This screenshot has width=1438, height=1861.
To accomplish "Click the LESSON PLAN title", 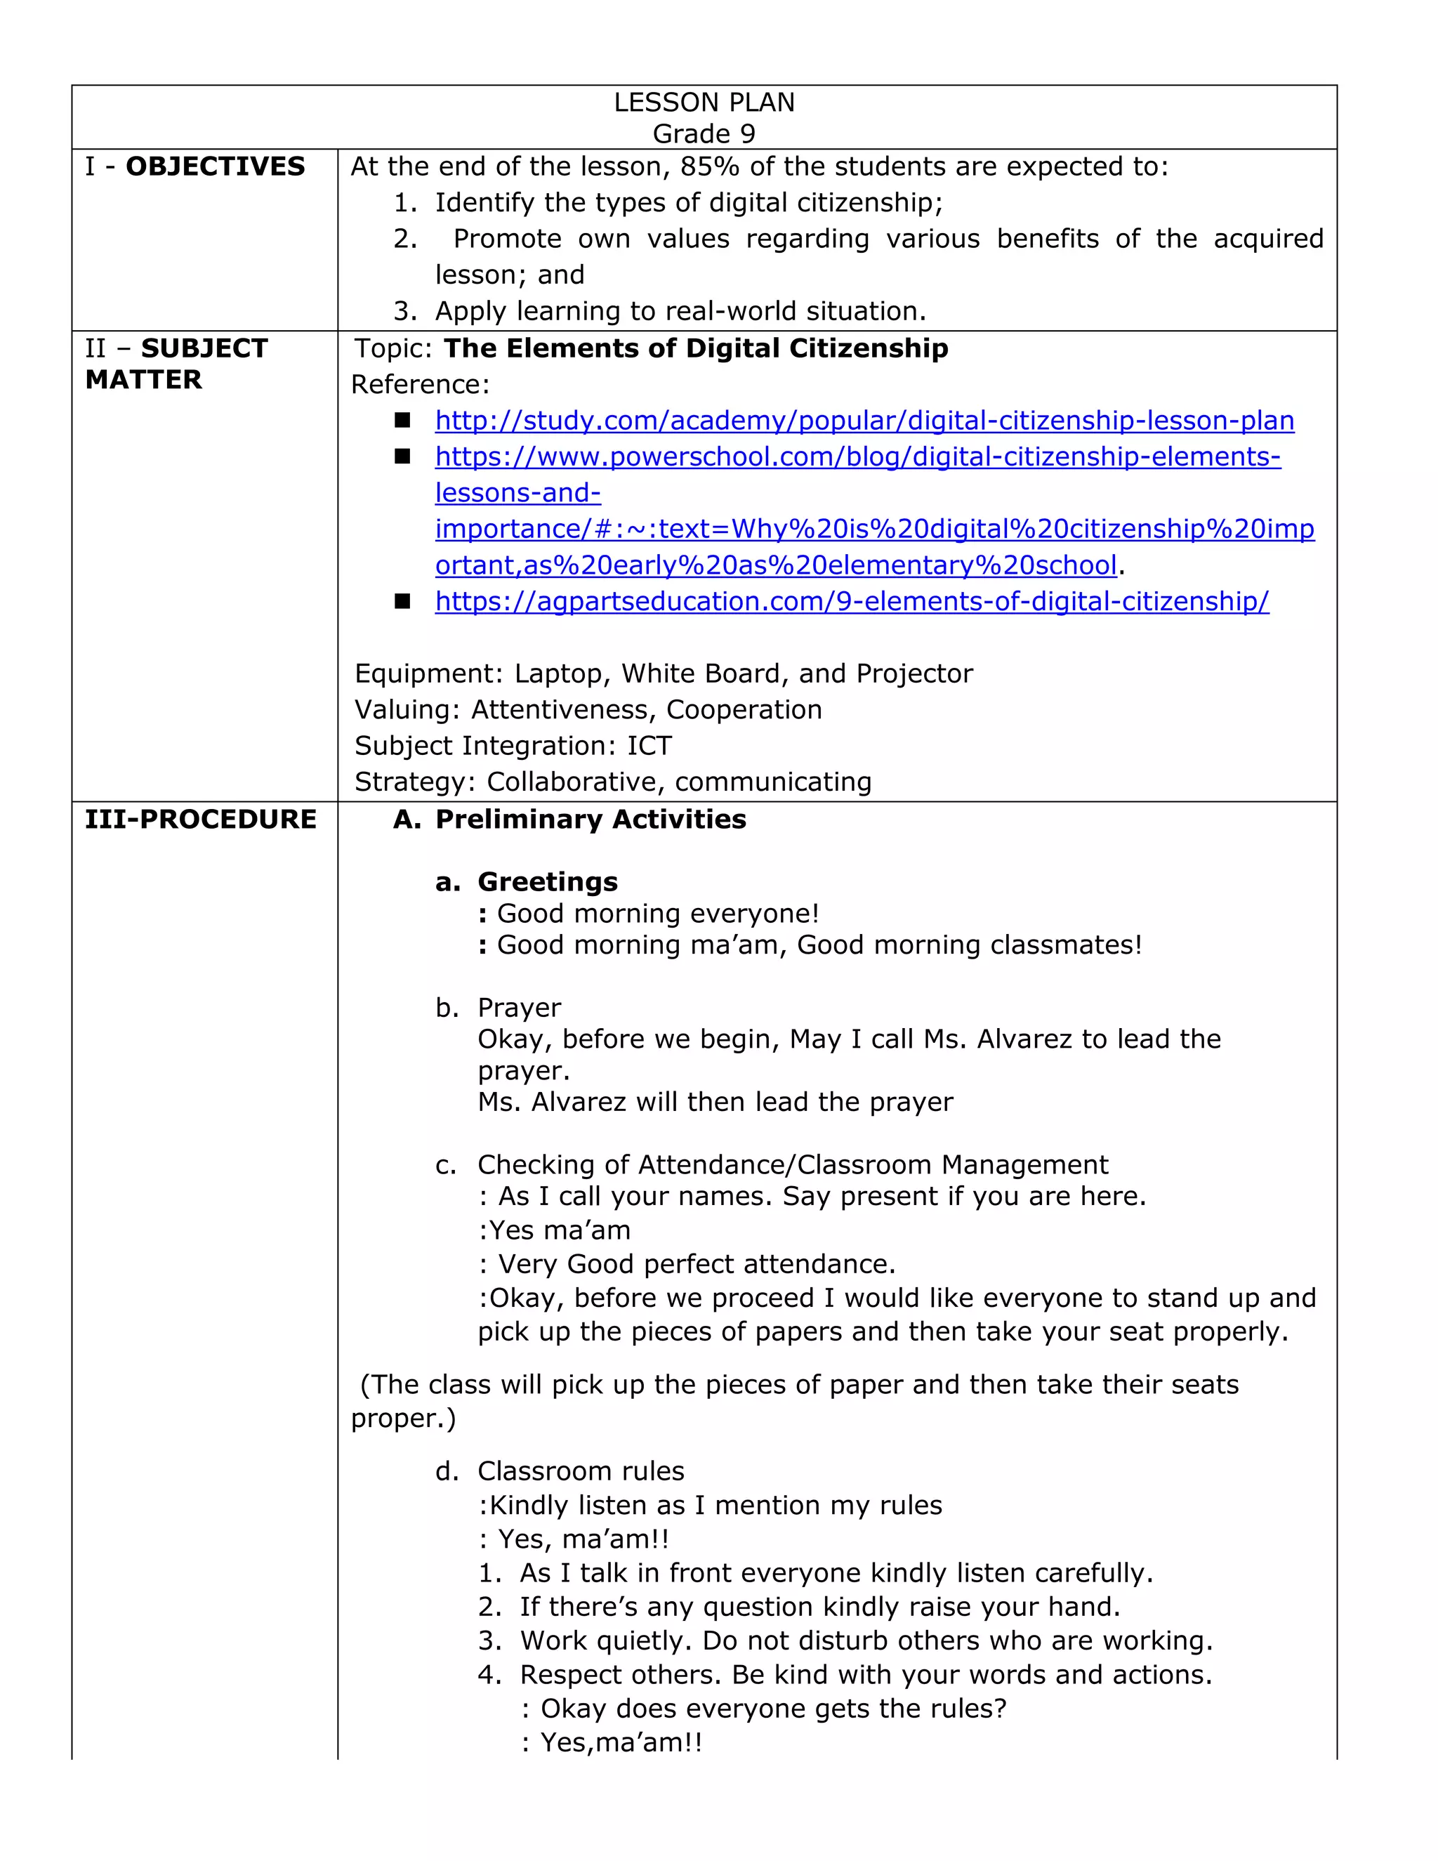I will click(x=704, y=103).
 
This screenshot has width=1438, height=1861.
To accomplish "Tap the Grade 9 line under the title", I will click(x=704, y=133).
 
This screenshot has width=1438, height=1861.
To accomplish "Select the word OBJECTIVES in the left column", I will click(x=215, y=166).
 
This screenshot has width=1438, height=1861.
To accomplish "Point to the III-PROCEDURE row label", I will click(x=200, y=819).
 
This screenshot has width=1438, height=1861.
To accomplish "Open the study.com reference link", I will click(x=864, y=420).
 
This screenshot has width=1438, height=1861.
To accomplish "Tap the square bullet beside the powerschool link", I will click(x=402, y=456).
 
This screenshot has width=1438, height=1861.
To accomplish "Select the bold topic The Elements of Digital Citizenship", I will click(x=695, y=348).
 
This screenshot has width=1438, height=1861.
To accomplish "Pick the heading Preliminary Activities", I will click(x=590, y=819).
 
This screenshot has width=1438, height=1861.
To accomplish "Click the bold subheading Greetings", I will click(x=547, y=881).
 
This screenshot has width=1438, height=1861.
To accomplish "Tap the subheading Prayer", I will click(x=519, y=1007).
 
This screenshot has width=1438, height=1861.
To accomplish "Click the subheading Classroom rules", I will click(x=580, y=1471).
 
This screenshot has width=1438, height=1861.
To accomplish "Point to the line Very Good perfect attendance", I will click(x=695, y=1263).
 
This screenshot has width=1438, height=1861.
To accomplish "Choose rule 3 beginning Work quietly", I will click(x=866, y=1640).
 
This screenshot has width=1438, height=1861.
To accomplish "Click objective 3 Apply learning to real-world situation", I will click(x=679, y=311).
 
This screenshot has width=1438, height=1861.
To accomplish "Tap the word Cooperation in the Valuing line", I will click(x=744, y=709).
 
